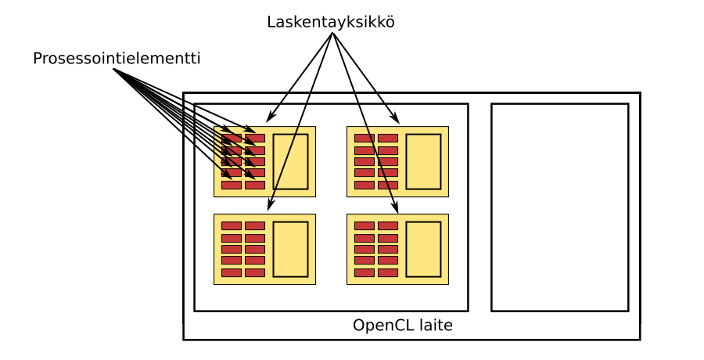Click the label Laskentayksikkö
tap(330, 22)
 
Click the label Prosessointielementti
tap(117, 59)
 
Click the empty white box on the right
tap(559, 207)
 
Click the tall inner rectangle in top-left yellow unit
tap(290, 161)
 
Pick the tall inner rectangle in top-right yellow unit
tap(423, 161)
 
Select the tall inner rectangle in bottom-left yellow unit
tap(290, 249)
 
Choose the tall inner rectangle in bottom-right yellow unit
tap(423, 249)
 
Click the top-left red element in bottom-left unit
tap(232, 225)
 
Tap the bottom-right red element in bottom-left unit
tap(255, 272)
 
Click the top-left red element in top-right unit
tap(365, 139)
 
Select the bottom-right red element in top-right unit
tap(388, 185)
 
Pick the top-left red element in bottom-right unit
tap(365, 225)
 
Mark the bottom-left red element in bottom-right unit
tap(365, 272)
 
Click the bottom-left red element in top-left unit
tap(232, 185)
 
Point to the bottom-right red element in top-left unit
tap(255, 185)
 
